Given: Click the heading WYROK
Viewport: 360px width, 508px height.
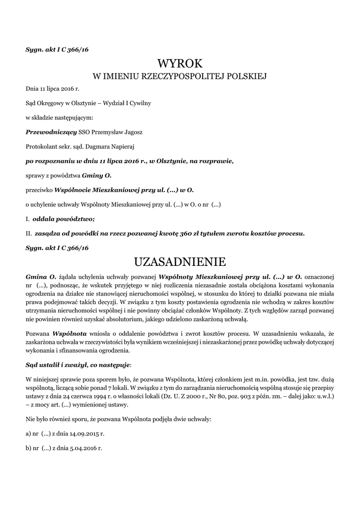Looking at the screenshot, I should click(180, 63).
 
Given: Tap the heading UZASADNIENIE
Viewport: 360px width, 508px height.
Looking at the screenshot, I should click(180, 261).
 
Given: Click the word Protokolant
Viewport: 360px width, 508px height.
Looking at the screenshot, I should click(39, 146).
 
